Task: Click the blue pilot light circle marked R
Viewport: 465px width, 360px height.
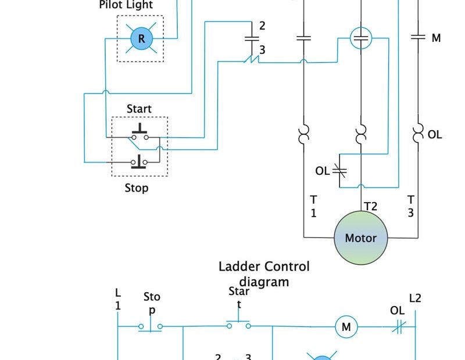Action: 140,39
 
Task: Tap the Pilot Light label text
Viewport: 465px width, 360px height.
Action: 126,5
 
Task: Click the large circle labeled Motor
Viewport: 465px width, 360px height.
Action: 360,237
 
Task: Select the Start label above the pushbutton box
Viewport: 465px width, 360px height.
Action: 139,109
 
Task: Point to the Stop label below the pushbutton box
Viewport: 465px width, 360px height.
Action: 137,188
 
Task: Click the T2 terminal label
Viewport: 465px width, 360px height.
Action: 371,206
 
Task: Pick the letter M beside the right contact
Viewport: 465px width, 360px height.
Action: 436,38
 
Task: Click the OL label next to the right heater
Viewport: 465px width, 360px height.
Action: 435,135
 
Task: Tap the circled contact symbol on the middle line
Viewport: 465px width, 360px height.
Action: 361,39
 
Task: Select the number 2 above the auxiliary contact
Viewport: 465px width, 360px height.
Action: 262,26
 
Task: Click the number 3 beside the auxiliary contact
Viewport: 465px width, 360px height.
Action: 262,51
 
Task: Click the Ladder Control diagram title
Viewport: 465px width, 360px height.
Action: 264,274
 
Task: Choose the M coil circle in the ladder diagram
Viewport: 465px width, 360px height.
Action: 346,327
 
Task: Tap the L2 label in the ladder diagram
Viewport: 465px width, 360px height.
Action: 415,298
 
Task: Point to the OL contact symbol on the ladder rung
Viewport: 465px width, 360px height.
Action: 398,327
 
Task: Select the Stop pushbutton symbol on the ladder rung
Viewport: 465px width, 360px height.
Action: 151,326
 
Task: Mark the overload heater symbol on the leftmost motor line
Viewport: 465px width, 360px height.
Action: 303,134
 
